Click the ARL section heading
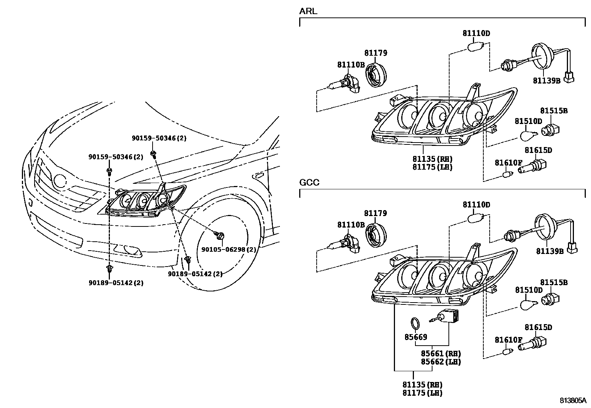pyautogui.click(x=308, y=12)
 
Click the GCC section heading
pyautogui.click(x=309, y=183)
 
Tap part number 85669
pyautogui.click(x=415, y=337)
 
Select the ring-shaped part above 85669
pyautogui.click(x=416, y=323)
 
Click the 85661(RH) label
pyautogui.click(x=441, y=353)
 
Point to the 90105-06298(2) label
pyautogui.click(x=229, y=249)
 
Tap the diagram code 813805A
pyautogui.click(x=573, y=401)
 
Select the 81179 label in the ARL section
pyautogui.click(x=375, y=53)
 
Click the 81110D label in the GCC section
pyautogui.click(x=476, y=205)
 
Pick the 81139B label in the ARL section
pyautogui.click(x=546, y=80)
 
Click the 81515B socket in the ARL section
pyautogui.click(x=551, y=130)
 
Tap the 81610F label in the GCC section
pyautogui.click(x=508, y=340)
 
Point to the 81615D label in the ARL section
pyautogui.click(x=538, y=150)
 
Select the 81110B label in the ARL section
pyautogui.click(x=351, y=65)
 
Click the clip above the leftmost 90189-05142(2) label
pyautogui.click(x=110, y=268)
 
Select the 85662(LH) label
pyautogui.click(x=441, y=361)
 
